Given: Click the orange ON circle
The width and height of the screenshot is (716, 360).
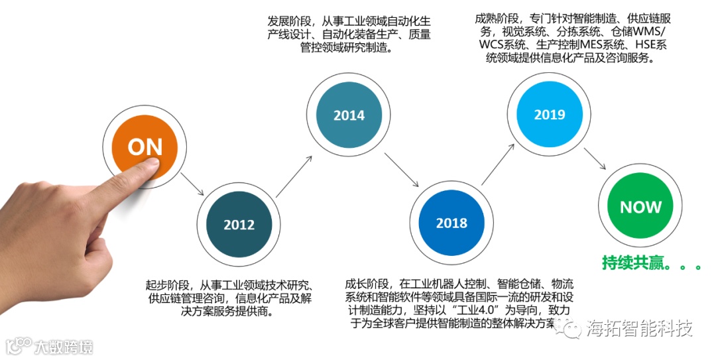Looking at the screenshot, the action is click(x=145, y=147).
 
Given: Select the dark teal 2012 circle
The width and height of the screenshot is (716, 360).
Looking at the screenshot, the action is click(x=239, y=224).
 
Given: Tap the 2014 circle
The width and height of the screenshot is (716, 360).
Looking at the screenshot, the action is click(x=349, y=115).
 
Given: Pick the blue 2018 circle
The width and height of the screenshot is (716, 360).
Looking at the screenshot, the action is click(x=451, y=223).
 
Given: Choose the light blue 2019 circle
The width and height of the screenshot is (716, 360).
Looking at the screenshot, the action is click(x=550, y=114).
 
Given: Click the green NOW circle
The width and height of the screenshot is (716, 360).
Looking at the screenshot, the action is click(x=640, y=207).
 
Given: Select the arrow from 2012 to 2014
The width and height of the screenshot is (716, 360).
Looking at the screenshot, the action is click(x=294, y=175).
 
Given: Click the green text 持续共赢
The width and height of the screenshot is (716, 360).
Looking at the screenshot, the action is click(x=628, y=263).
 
